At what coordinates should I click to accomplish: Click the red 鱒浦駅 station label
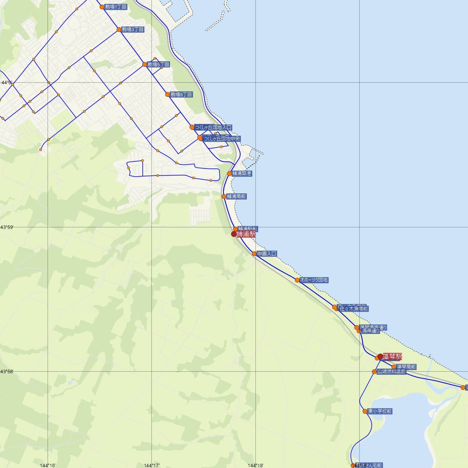246,234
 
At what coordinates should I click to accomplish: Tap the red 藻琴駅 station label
392,356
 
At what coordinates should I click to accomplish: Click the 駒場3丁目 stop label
133,29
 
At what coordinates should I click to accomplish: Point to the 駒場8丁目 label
181,94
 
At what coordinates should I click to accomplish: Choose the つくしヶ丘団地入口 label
213,127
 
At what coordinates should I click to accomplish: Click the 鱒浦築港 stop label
242,174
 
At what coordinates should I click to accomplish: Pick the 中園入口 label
267,254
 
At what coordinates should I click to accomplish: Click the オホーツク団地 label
314,280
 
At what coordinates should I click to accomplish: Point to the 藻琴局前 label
406,367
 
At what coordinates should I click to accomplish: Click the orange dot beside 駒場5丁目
145,64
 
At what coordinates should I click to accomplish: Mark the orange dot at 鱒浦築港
229,174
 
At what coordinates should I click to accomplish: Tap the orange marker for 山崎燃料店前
374,372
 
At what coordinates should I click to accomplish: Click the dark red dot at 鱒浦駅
234,234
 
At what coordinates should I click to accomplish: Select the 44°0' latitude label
7,83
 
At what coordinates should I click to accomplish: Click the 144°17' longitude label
152,465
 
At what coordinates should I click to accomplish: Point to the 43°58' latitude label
7,372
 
